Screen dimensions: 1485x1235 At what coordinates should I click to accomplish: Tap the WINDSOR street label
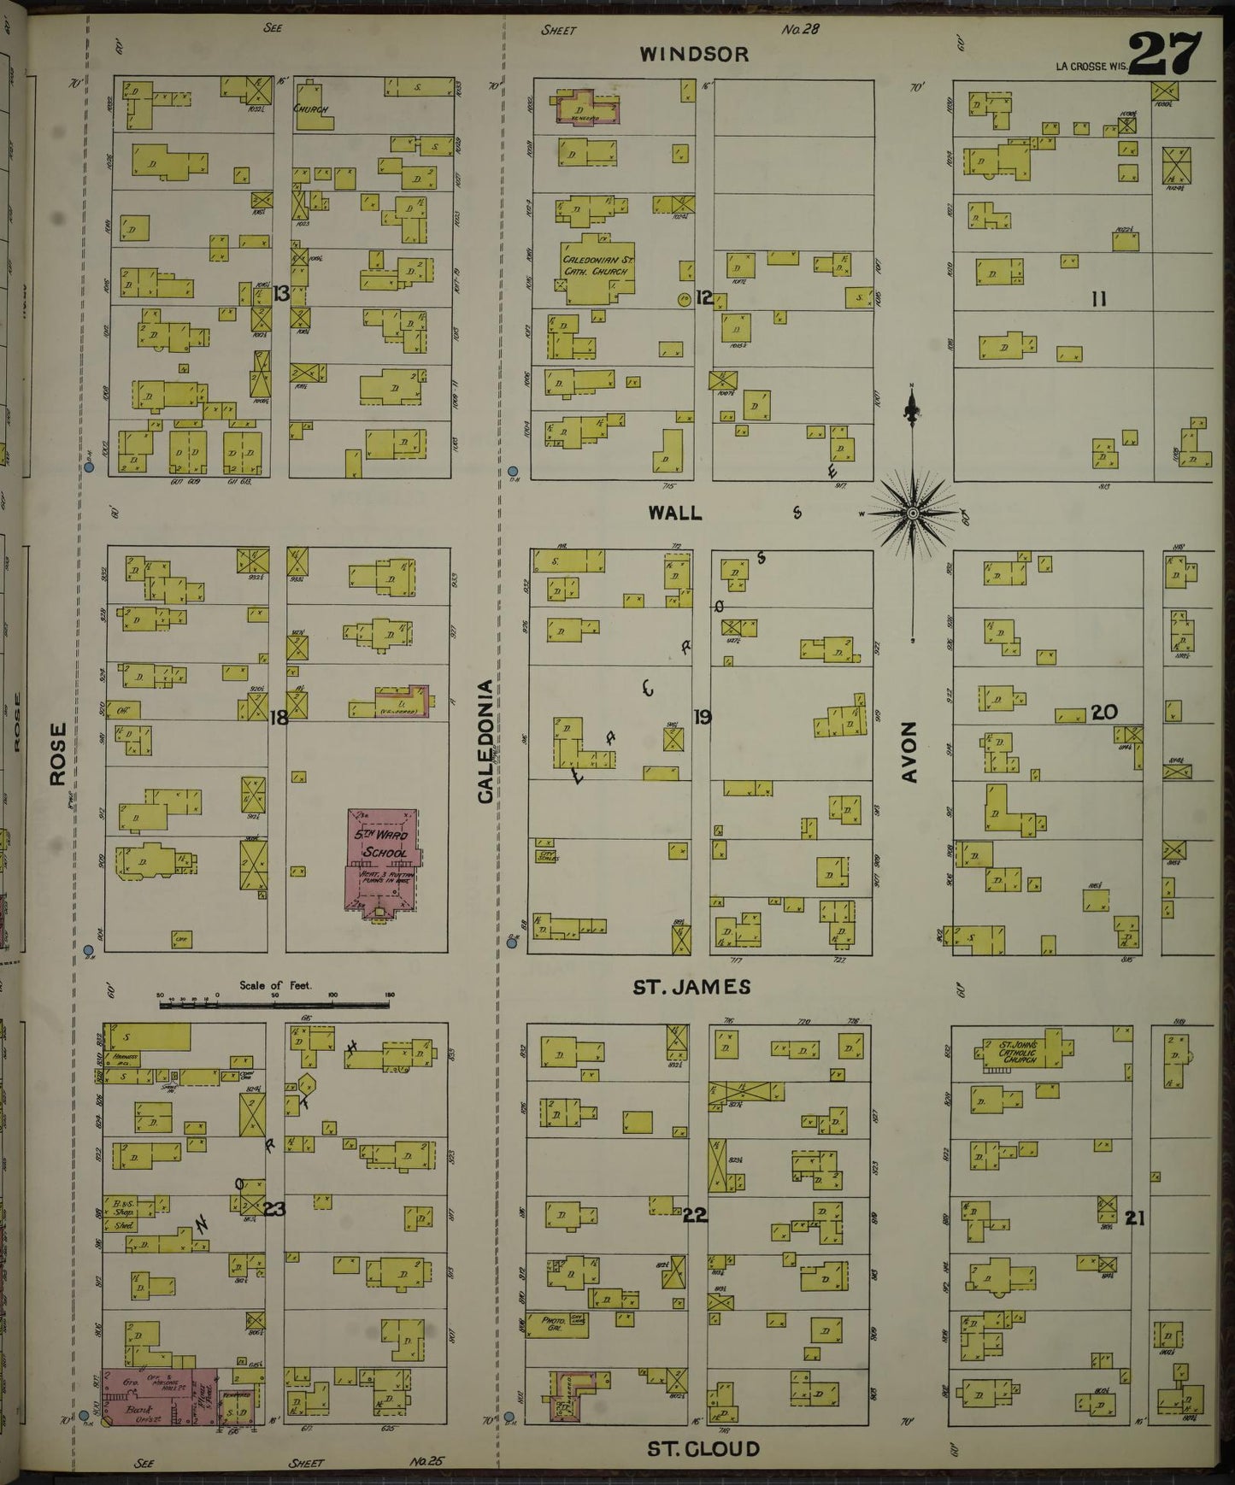click(x=694, y=55)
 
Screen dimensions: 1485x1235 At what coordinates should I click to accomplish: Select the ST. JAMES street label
click(x=691, y=987)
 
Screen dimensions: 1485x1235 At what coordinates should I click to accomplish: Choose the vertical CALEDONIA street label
click(x=485, y=741)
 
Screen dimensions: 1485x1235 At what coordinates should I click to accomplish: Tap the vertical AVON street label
click(x=909, y=751)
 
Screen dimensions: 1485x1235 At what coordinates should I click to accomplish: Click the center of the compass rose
click(x=913, y=513)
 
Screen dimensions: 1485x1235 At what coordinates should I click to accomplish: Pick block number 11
click(x=1099, y=299)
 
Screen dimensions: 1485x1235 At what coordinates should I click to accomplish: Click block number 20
click(x=1104, y=712)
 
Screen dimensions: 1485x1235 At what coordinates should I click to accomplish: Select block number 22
click(x=695, y=1216)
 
